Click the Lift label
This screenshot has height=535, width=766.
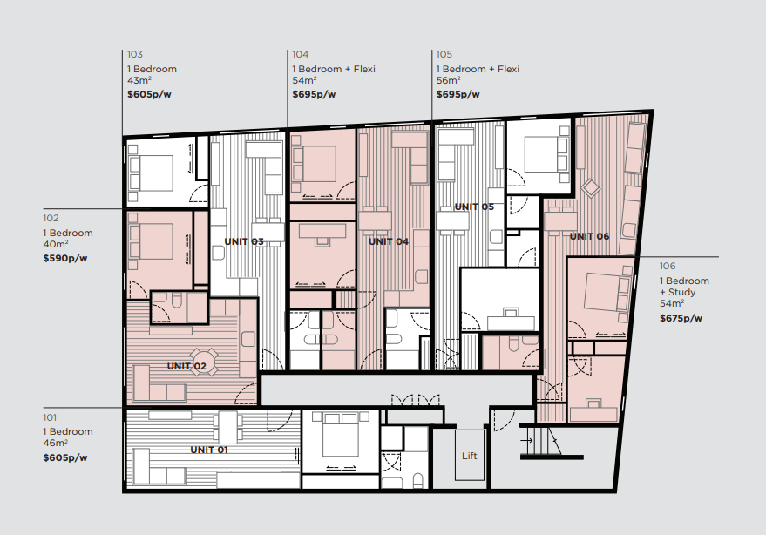(470, 456)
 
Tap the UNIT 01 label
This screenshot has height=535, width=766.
(209, 450)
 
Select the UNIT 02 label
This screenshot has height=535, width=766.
(186, 366)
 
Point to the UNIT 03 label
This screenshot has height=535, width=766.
(244, 241)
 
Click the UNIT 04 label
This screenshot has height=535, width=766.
(389, 241)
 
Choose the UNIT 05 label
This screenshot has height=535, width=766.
(474, 207)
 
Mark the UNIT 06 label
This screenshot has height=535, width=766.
(590, 236)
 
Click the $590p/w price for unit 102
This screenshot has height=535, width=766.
(65, 258)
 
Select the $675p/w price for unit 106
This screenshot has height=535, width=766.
(681, 319)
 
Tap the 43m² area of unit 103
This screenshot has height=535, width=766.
(139, 80)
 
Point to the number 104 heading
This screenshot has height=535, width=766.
(301, 54)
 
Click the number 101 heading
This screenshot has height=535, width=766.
(50, 417)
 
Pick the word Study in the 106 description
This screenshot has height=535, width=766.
(681, 292)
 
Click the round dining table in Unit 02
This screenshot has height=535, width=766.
(204, 362)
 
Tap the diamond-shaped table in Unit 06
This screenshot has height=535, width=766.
(590, 187)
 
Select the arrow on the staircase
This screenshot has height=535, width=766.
(526, 441)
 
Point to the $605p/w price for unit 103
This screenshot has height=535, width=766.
(150, 94)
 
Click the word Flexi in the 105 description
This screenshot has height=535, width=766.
(508, 69)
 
